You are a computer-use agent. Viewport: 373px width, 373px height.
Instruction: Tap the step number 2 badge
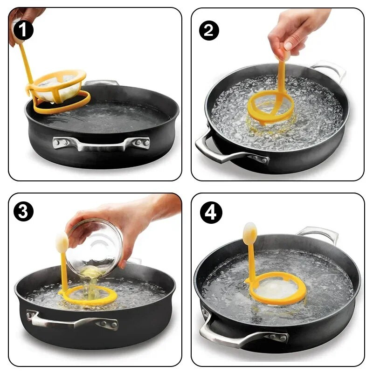(209, 30)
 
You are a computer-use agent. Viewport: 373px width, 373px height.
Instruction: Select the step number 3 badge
(23, 212)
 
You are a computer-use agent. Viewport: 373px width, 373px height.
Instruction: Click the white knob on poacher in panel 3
(62, 242)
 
